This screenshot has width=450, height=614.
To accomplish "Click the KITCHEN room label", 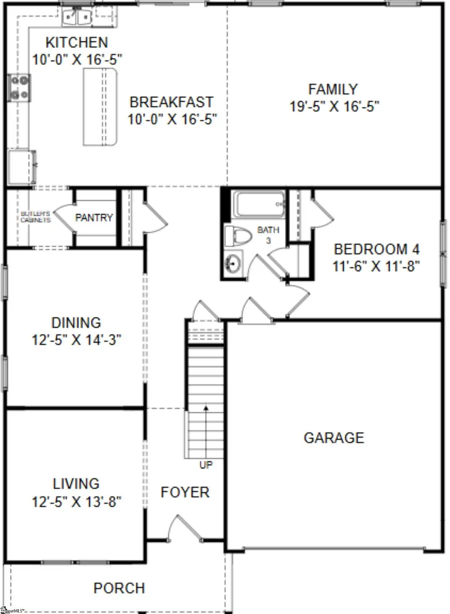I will (x=76, y=42).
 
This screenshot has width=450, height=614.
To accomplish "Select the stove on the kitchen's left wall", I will (x=19, y=87).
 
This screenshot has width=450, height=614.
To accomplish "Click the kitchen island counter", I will (x=100, y=107).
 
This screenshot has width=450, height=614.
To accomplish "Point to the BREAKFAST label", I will (x=171, y=102).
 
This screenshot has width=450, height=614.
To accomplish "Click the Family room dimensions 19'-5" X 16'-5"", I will (x=334, y=106).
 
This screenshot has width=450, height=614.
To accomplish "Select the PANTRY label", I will (x=94, y=218).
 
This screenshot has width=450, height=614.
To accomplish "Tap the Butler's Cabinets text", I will (x=35, y=217).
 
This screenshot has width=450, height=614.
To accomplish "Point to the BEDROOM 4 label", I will (x=376, y=249).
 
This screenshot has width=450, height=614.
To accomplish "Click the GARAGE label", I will (x=334, y=438).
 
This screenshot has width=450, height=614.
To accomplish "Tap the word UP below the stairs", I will (x=206, y=465).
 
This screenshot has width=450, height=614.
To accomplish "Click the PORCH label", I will (x=119, y=588).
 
